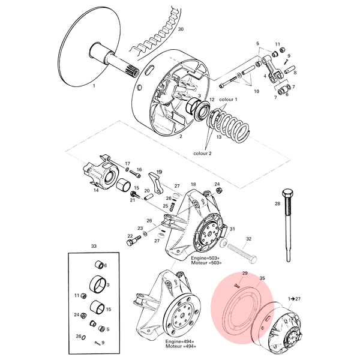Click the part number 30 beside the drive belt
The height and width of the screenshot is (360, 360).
(x=181, y=29)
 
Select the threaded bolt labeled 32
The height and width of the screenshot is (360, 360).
(x=242, y=254)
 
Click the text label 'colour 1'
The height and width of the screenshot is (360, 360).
(x=228, y=100)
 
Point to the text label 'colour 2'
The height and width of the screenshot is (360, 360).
(x=202, y=154)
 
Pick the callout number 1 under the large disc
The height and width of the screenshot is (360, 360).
(x=94, y=86)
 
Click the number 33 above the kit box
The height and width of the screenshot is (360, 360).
(x=94, y=246)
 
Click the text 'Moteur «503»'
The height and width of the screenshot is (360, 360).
(x=206, y=262)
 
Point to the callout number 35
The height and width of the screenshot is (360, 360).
(x=262, y=278)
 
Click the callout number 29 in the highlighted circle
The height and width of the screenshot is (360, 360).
(x=245, y=273)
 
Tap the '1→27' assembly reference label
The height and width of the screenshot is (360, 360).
(x=294, y=299)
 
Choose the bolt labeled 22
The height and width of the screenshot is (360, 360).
(x=132, y=241)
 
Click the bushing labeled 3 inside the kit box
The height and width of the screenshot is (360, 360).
(x=97, y=284)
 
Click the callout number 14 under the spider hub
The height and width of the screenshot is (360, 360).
(x=96, y=190)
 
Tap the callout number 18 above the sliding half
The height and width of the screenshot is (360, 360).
(x=193, y=184)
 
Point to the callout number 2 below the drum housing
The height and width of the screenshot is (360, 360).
(x=181, y=136)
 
